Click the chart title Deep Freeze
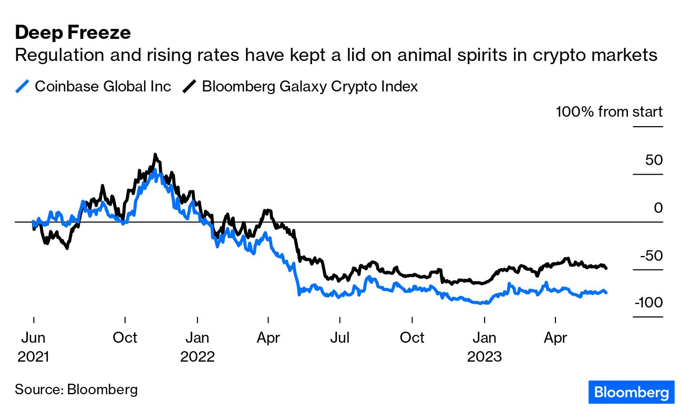tap(73, 33)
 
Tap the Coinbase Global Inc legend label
tap(103, 86)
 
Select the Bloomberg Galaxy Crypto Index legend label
tap(309, 86)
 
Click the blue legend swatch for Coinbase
tap(23, 86)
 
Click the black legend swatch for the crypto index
tap(190, 86)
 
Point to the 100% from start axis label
tap(609, 111)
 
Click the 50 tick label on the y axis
tap(654, 160)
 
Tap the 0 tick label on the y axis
tap(658, 208)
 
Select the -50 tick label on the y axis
tap(651, 255)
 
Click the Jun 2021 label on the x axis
tap(33, 346)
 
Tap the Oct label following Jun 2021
tap(125, 337)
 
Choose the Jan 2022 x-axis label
tap(197, 346)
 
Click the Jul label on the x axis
tap(340, 337)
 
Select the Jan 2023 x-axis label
tap(484, 346)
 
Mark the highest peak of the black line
tap(155, 155)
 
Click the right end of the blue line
tap(606, 292)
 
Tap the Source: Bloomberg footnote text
tap(76, 389)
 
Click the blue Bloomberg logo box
tap(631, 392)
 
